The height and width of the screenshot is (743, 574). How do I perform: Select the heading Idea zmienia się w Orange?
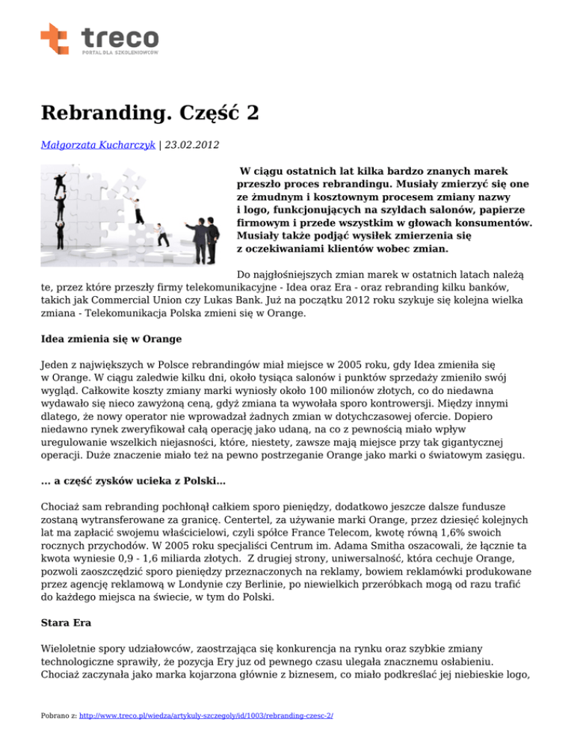[111, 339]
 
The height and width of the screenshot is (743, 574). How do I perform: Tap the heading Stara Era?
[66, 620]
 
